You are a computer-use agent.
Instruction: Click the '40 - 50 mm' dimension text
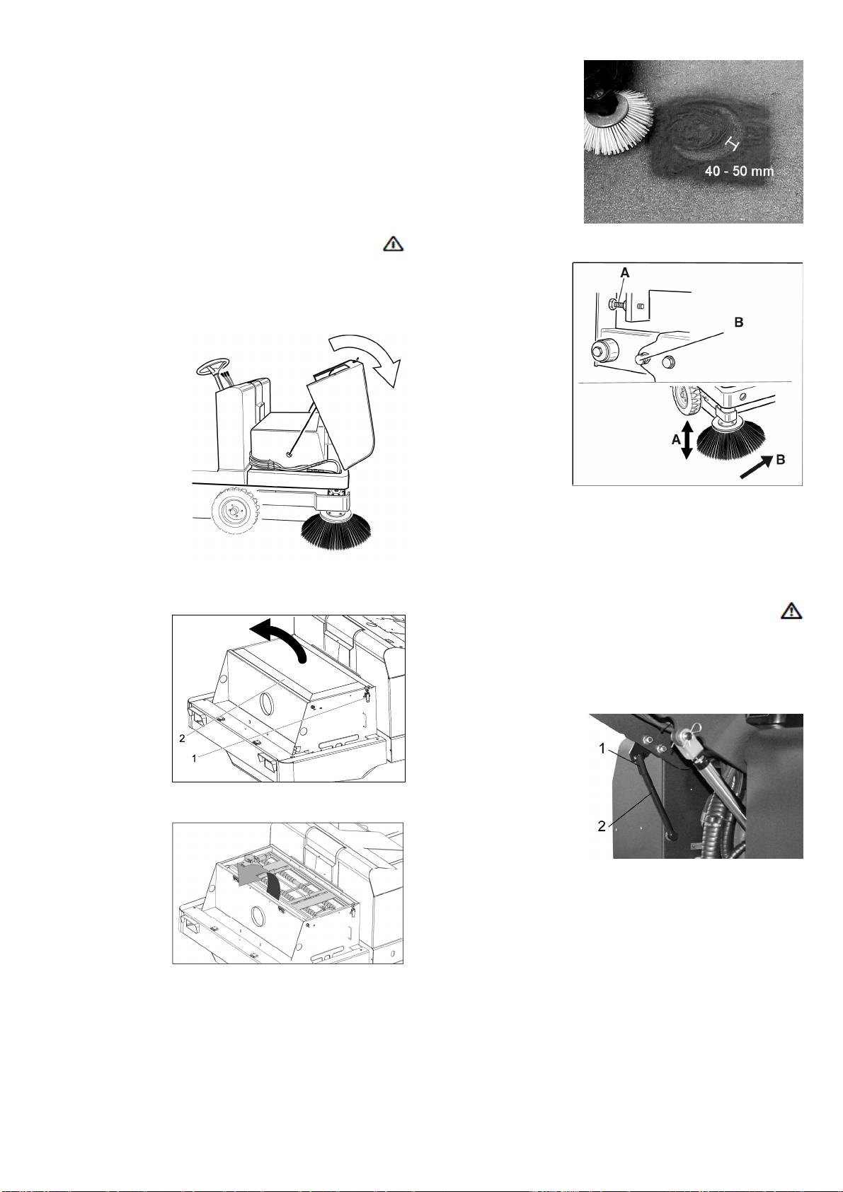739,171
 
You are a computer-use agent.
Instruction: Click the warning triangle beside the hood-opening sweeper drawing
393,244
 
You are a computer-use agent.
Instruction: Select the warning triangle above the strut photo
792,611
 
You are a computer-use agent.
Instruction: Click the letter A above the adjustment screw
625,272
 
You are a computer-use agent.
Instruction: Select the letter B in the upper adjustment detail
739,322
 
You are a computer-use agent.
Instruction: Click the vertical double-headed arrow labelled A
687,439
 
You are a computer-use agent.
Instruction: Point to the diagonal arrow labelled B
756,467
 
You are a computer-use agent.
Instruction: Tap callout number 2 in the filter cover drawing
182,738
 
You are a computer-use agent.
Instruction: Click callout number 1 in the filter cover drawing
195,759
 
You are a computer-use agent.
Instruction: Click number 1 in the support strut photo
602,748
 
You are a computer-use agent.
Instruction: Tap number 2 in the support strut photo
602,826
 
